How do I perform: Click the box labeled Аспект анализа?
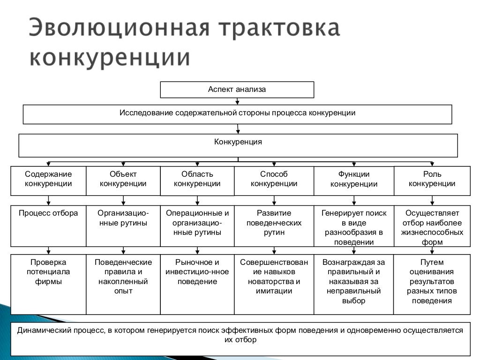[x=237, y=90]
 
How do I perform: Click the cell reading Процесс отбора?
[x=48, y=225]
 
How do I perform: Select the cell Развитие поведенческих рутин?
[x=274, y=225]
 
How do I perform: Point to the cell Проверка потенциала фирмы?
[x=48, y=284]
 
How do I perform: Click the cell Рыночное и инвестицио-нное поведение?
[x=197, y=284]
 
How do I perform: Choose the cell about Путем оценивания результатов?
[x=432, y=284]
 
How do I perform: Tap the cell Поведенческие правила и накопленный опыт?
[x=123, y=284]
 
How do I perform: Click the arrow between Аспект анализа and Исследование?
[x=238, y=101]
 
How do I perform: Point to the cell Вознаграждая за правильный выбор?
[x=353, y=284]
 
